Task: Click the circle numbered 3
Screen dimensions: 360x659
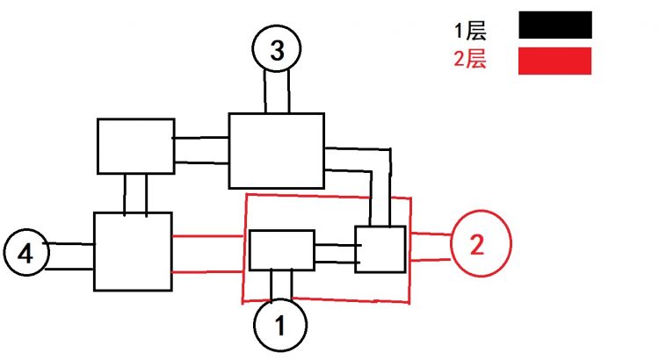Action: (x=278, y=51)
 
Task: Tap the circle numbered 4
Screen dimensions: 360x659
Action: (x=26, y=254)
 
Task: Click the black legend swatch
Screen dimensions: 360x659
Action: (x=554, y=25)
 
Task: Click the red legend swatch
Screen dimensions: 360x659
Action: (x=554, y=61)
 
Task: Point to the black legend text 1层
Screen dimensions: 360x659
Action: (x=470, y=32)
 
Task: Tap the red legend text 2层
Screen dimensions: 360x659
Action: (x=470, y=61)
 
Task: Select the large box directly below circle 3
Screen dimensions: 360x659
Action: (x=276, y=150)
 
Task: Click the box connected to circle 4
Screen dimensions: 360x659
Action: (x=133, y=251)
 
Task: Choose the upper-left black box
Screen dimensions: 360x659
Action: (x=135, y=146)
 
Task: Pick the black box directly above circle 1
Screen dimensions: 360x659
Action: (x=281, y=249)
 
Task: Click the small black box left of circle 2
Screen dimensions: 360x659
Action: (x=380, y=249)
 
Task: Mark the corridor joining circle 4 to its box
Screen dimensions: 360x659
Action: (x=70, y=256)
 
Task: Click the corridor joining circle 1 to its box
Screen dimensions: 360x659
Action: (x=281, y=284)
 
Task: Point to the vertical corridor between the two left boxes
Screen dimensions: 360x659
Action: (x=135, y=193)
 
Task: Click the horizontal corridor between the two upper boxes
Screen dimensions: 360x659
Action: (x=201, y=150)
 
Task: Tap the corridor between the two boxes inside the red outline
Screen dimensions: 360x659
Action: (x=335, y=253)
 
